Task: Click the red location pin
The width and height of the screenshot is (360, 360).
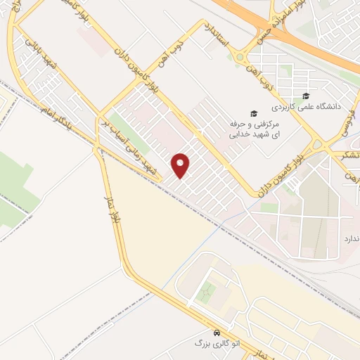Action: (x=181, y=165)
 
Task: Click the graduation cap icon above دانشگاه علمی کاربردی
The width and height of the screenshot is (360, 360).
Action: (x=305, y=96)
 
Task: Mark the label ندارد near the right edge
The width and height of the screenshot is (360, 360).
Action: (x=350, y=239)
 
